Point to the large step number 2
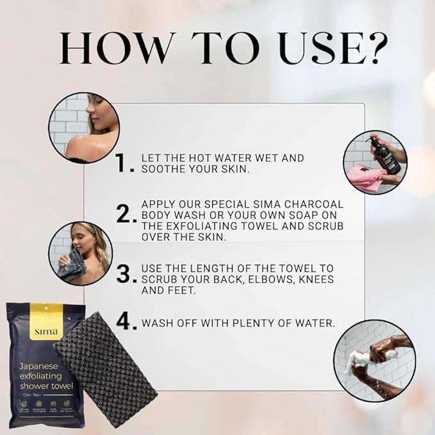coord(124,215)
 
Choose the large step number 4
coord(126,322)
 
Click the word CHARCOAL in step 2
coord(316,204)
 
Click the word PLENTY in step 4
coord(252,323)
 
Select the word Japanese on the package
coord(40,366)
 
